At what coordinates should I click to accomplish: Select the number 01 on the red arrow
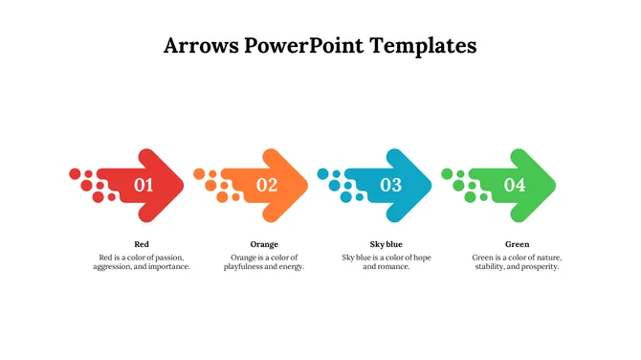click(144, 186)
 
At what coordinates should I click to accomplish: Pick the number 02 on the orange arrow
click(267, 186)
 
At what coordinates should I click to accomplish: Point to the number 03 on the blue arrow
click(391, 186)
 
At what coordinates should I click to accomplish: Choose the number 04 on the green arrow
click(515, 186)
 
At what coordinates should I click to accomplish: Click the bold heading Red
click(142, 244)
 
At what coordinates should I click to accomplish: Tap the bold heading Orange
click(264, 244)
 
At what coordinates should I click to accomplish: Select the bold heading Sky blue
click(387, 244)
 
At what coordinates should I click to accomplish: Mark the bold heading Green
click(517, 244)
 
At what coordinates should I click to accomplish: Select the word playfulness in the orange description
click(246, 267)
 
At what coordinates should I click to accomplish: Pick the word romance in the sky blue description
click(393, 267)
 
